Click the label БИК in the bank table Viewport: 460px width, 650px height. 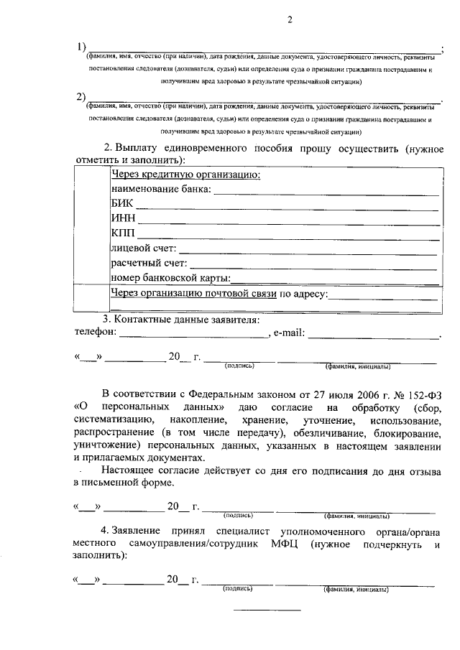123,204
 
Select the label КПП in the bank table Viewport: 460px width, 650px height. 123,234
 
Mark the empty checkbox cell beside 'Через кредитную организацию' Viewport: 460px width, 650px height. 91,225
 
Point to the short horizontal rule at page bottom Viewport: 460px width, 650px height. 270,610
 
